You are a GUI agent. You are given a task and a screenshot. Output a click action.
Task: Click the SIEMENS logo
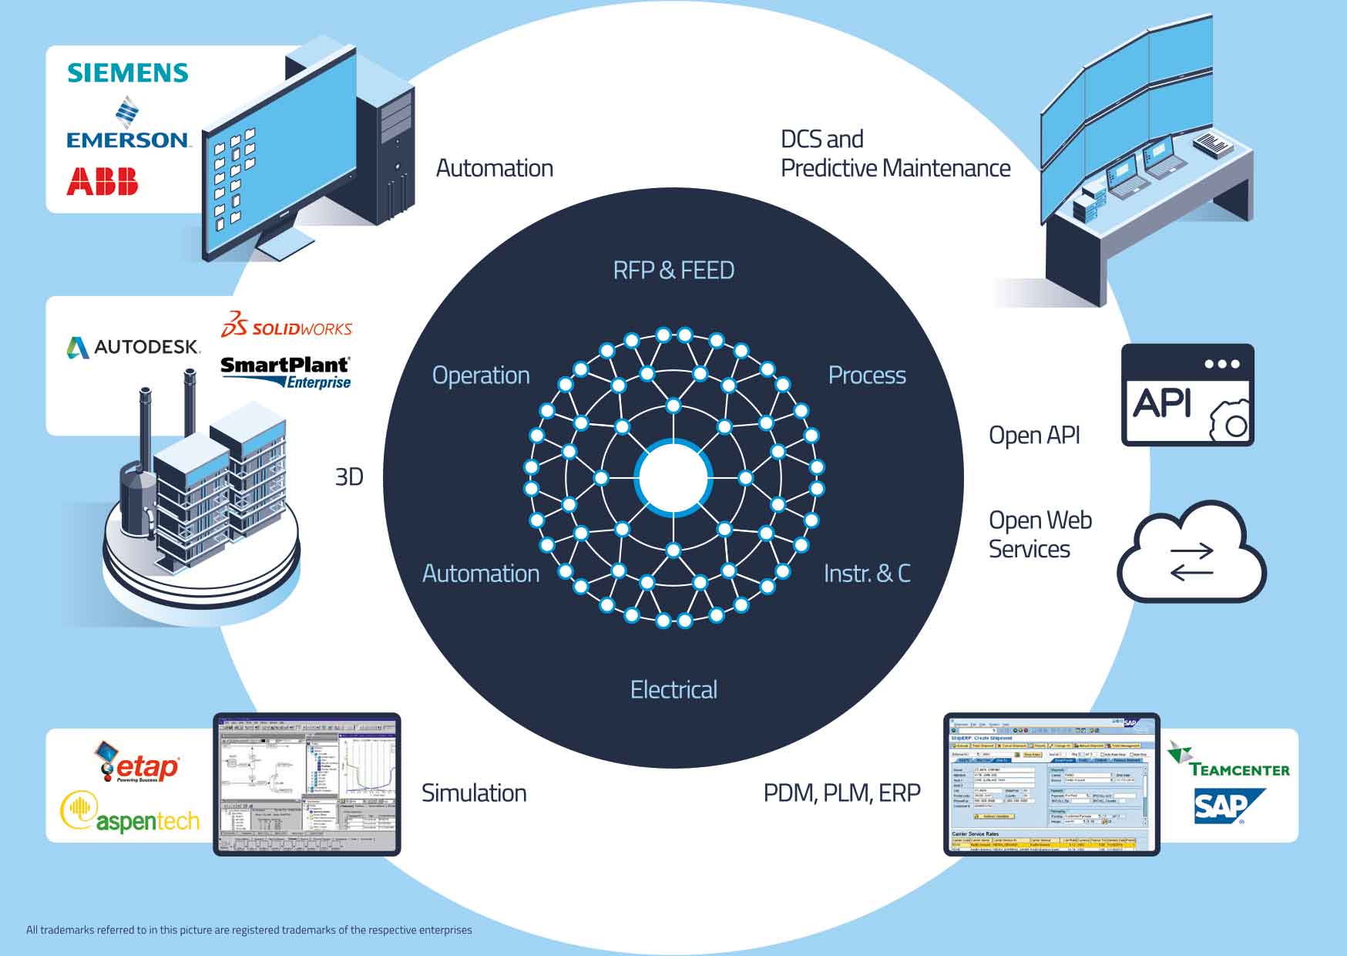128,72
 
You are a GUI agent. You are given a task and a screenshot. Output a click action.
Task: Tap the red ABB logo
102,181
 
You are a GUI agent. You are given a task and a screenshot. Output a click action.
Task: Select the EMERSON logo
128,128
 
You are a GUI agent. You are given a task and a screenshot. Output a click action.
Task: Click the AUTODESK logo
133,348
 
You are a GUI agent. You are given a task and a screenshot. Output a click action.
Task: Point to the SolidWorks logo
287,326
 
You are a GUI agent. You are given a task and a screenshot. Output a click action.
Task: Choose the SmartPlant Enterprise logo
286,372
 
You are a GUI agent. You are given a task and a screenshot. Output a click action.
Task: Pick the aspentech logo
130,814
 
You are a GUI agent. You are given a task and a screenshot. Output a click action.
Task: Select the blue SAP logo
1228,806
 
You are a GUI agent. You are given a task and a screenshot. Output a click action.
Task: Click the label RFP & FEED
673,271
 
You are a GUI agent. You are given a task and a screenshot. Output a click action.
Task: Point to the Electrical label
673,689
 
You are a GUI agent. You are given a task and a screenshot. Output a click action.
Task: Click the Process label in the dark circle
867,375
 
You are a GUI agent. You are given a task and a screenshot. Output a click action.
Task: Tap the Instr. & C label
867,574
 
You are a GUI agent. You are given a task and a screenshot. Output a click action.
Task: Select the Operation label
481,375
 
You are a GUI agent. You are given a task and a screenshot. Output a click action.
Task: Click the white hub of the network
673,478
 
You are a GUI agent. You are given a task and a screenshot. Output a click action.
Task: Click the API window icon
1187,395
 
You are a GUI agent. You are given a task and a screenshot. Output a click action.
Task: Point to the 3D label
349,477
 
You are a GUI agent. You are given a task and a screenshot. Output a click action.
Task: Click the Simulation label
474,793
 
